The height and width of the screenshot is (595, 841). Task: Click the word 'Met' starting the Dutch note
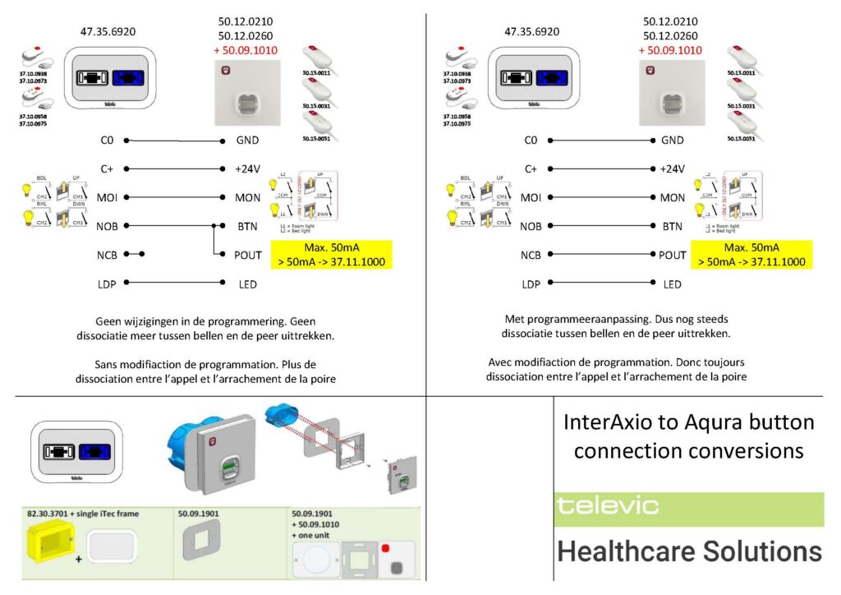(x=514, y=319)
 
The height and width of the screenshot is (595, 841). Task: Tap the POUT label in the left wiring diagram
(x=247, y=256)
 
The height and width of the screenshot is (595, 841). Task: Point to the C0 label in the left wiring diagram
(x=107, y=141)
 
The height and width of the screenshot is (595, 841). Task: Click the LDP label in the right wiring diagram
(x=531, y=284)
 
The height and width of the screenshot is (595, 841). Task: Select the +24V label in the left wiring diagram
(x=247, y=169)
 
